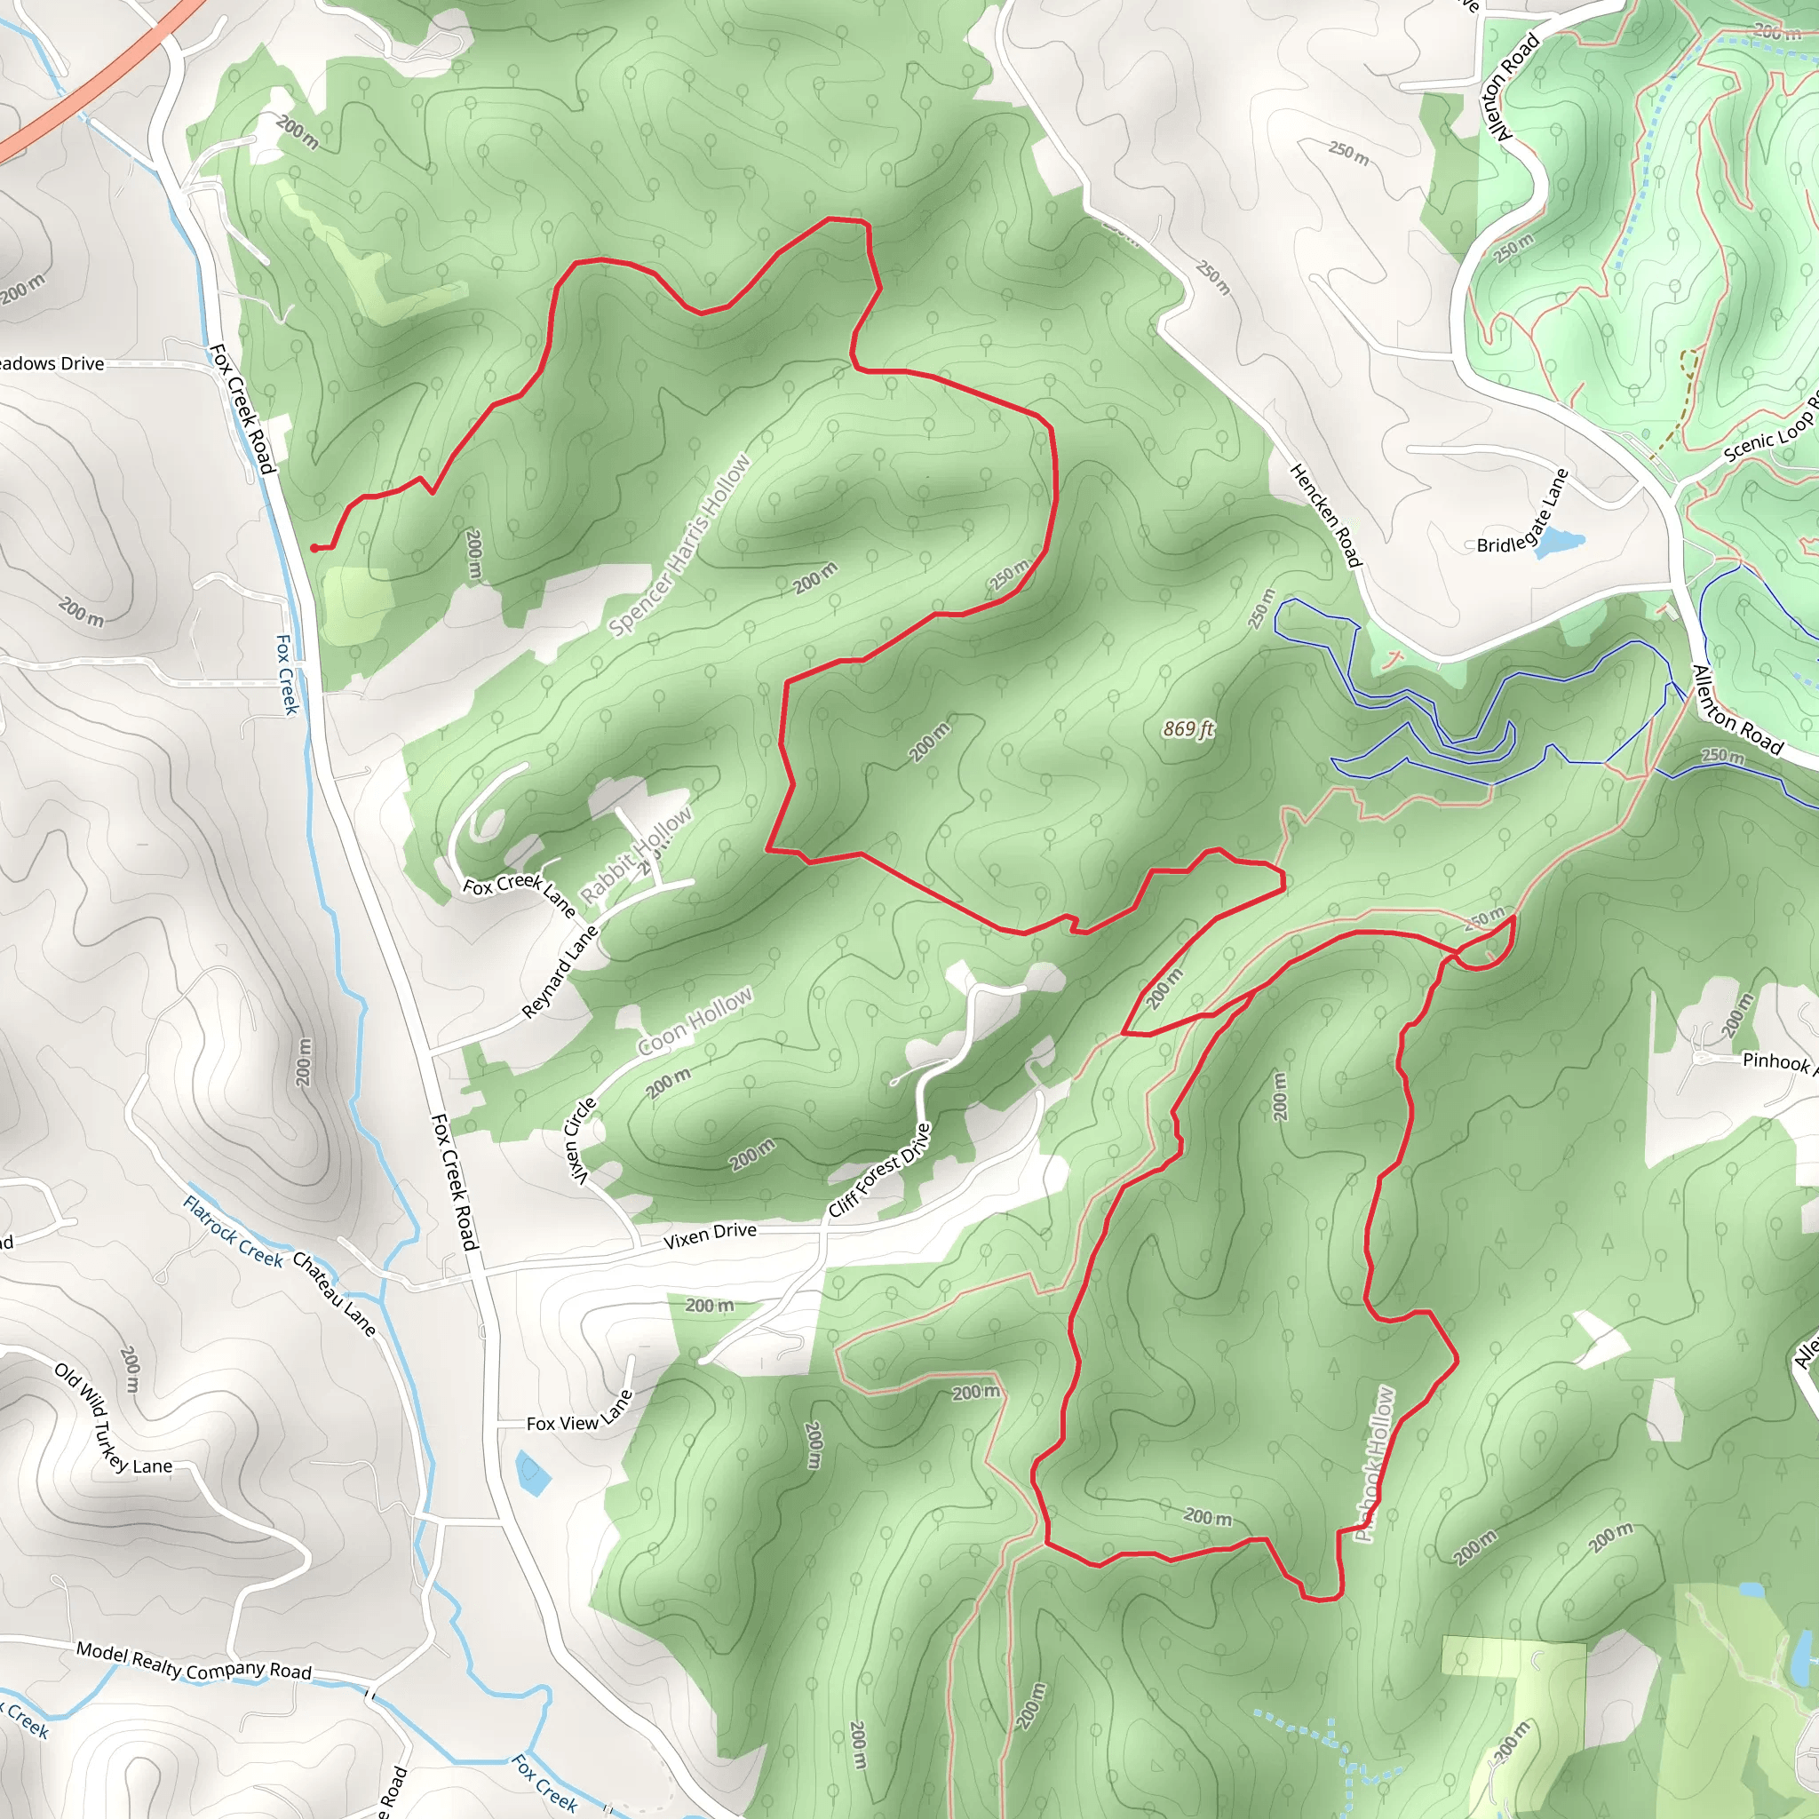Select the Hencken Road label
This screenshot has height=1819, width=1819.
click(1326, 515)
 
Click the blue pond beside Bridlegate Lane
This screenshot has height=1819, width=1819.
click(1559, 543)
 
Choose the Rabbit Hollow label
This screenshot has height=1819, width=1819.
click(636, 854)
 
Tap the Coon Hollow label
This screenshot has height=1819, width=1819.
click(695, 1021)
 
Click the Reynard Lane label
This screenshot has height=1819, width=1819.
click(560, 973)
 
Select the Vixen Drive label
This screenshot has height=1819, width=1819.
click(710, 1235)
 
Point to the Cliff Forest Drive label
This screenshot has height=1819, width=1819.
click(879, 1171)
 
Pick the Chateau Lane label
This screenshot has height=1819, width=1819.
click(334, 1293)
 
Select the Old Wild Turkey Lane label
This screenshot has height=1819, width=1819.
click(113, 1422)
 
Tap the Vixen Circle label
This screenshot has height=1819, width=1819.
click(579, 1141)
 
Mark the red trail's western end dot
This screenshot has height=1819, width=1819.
click(314, 548)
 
